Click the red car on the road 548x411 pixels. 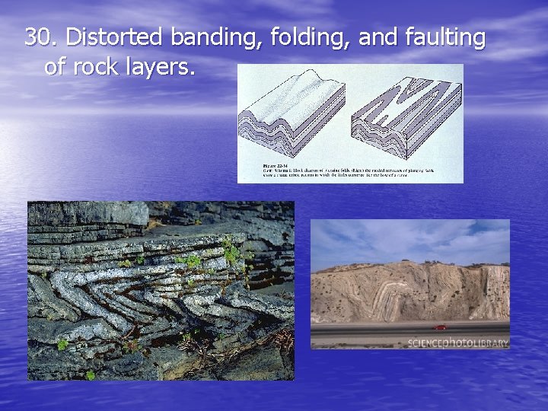coord(440,327)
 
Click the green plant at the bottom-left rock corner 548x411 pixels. coord(90,374)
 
